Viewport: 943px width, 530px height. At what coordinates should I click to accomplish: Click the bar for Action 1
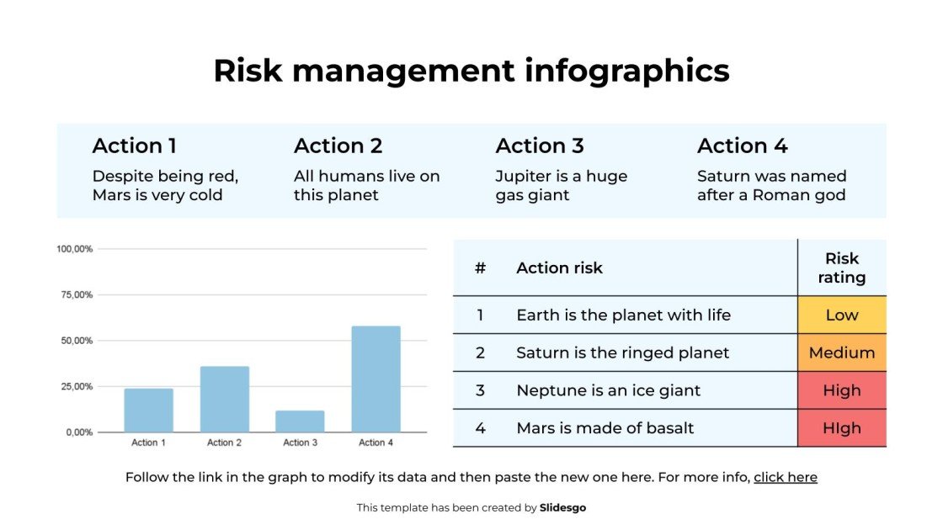(148, 411)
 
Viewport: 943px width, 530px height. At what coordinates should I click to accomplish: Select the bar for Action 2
(225, 400)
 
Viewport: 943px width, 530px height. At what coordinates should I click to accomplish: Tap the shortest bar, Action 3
(300, 421)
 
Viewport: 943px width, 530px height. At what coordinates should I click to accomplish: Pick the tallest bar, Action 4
(376, 379)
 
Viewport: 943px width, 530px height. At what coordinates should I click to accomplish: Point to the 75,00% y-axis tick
(74, 294)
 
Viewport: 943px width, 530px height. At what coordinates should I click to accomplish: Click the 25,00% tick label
(74, 386)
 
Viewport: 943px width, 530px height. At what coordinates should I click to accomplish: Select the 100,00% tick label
(74, 249)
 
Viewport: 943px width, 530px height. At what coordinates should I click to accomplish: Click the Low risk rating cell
(842, 315)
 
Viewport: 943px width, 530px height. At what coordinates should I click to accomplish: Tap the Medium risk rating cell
(842, 352)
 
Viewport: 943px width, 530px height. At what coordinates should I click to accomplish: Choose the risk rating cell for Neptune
(842, 390)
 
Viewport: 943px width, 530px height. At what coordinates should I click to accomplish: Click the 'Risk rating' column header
(842, 268)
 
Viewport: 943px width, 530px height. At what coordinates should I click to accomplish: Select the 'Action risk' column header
(559, 268)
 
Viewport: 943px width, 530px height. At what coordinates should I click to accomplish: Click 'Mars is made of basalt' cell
(605, 428)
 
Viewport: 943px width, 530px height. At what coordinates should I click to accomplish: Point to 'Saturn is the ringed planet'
(622, 352)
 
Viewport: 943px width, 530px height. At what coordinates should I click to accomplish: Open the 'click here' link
(785, 477)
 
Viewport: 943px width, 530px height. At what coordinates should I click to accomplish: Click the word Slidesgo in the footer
(562, 507)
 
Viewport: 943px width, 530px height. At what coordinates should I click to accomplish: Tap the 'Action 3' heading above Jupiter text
(540, 146)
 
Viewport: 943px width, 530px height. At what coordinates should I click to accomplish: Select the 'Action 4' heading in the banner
(742, 146)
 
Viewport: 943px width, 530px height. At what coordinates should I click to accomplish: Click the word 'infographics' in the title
(626, 71)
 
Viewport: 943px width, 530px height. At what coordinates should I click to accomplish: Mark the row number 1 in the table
(480, 315)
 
